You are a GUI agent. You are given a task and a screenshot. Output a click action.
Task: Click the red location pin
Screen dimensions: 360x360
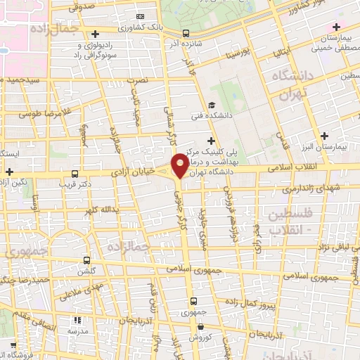(x=180, y=165)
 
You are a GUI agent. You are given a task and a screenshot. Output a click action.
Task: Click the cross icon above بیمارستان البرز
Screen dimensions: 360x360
(x=323, y=136)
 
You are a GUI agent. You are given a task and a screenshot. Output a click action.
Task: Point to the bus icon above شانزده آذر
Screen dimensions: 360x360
(x=186, y=32)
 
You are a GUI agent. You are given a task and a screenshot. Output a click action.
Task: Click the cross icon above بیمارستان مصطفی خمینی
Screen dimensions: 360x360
(x=336, y=26)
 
